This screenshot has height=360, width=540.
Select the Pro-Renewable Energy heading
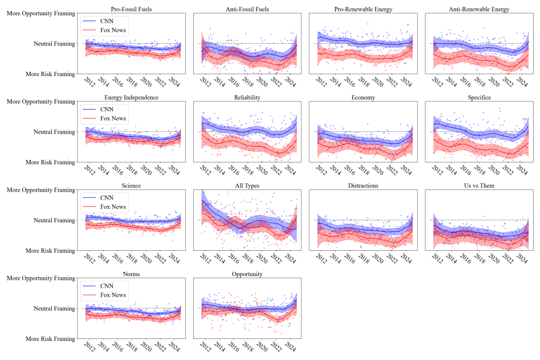pyautogui.click(x=363, y=9)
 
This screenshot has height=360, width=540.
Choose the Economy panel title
pyautogui.click(x=363, y=98)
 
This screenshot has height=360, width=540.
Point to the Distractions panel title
pyautogui.click(x=363, y=186)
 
